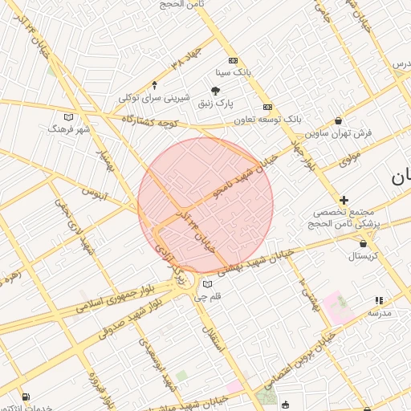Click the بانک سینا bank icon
click(234, 60)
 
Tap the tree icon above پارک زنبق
click(215, 91)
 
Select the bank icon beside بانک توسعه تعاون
click(267, 107)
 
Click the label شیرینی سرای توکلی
click(154, 98)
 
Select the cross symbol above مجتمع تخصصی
click(344, 200)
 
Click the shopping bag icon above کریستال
click(364, 243)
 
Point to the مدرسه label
click(379, 313)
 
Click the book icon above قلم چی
click(209, 284)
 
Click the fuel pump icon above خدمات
click(26, 397)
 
